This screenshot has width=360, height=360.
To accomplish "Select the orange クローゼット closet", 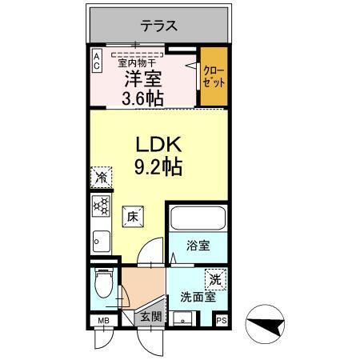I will pos(213,78).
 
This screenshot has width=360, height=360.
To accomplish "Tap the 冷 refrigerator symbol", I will pos(102,177).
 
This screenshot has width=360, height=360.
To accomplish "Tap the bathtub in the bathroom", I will pos(198,219).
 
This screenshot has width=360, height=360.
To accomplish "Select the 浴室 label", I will pos(198,246).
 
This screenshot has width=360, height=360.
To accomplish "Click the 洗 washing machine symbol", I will pos(214,279).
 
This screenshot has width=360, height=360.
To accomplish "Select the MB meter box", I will pos(102,322).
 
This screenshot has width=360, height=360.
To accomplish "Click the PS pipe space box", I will pos(222,322).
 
